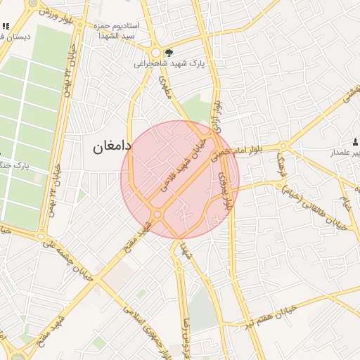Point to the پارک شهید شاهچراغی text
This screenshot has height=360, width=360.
pyautogui.click(x=168, y=63)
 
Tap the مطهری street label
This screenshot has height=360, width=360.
pyautogui.click(x=167, y=89)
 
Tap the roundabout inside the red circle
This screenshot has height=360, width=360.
pyautogui.click(x=157, y=214)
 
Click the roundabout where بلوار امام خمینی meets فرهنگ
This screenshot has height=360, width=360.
pyautogui.click(x=283, y=146)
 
